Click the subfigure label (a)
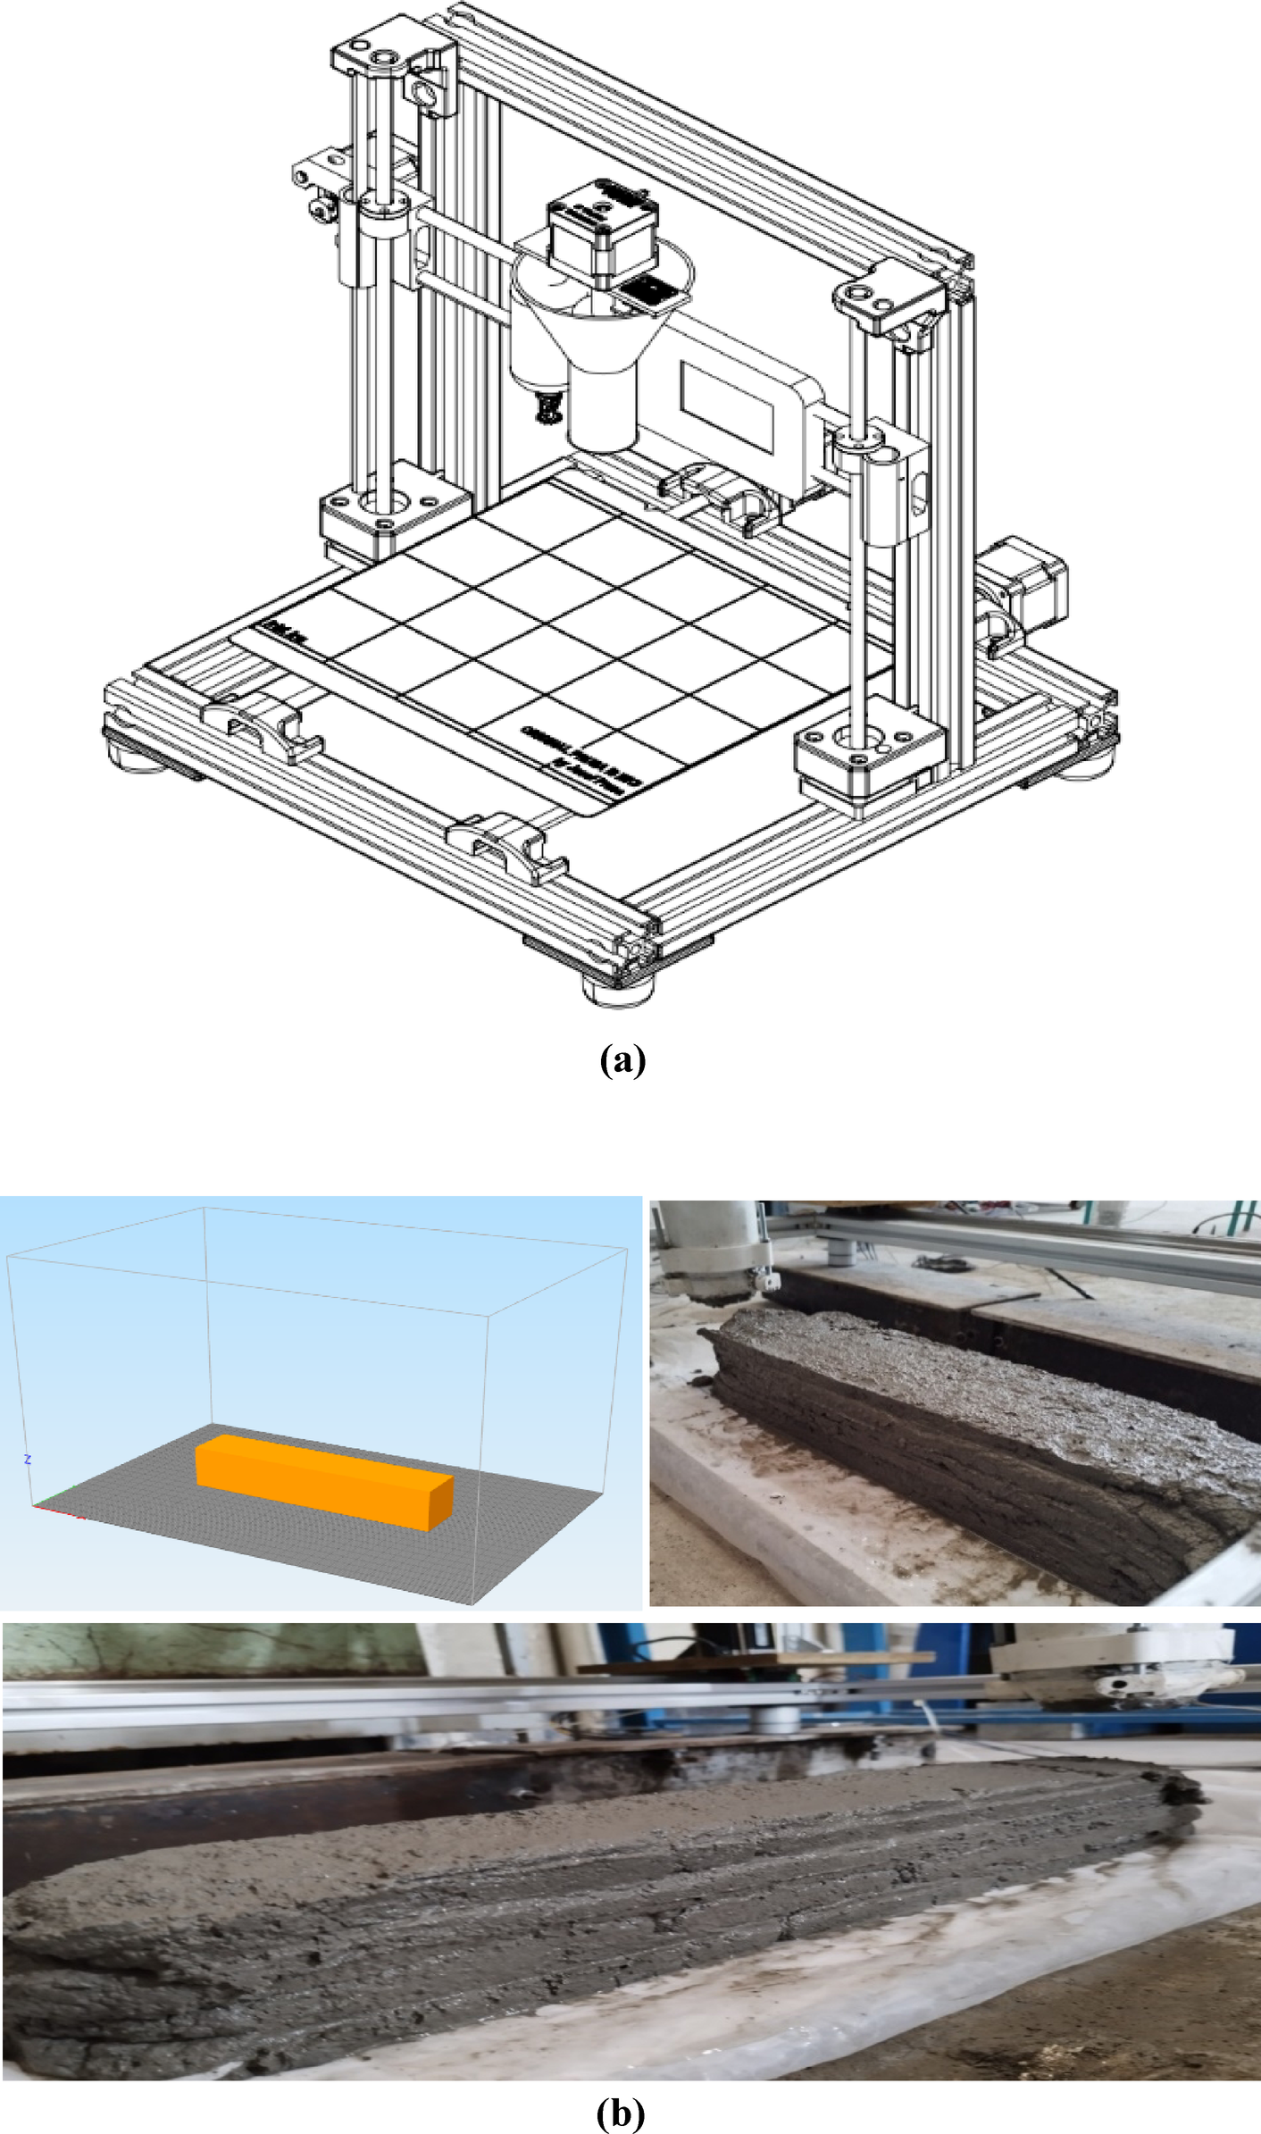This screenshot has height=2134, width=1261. [622, 1060]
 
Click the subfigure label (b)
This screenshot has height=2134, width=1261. [620, 2113]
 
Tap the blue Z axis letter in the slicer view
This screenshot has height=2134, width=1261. [29, 1460]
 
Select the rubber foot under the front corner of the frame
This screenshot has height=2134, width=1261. [618, 990]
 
